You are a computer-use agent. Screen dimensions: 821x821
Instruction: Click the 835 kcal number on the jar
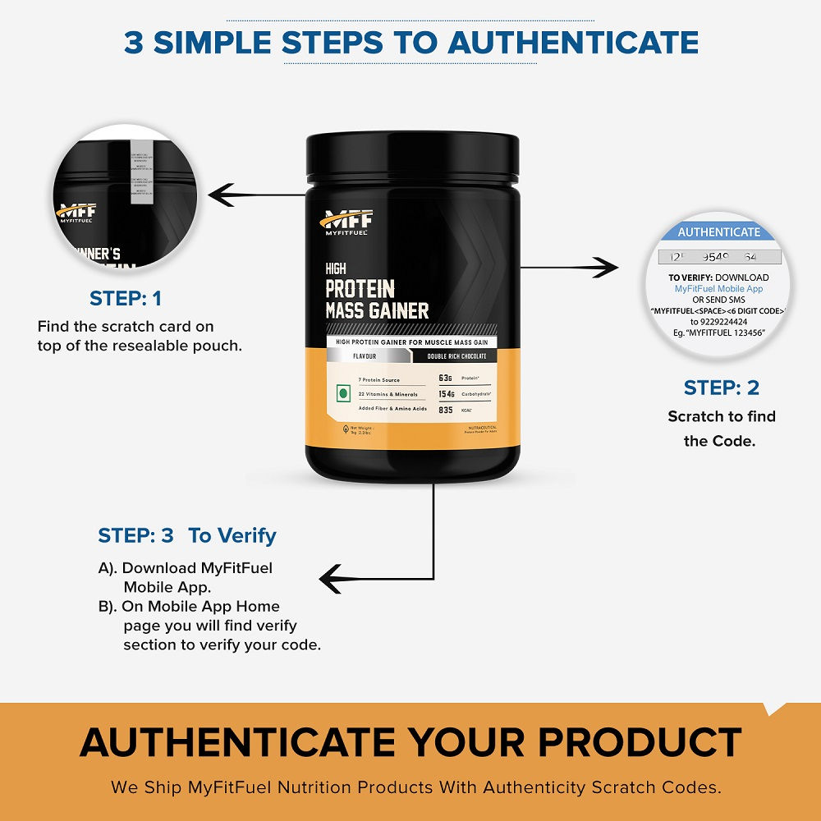446,409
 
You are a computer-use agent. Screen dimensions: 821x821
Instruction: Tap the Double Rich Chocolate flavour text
456,356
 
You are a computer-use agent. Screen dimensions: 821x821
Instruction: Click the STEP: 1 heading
126,298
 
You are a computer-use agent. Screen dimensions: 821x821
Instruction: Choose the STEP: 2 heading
722,388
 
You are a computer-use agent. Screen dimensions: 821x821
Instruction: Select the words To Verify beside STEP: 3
232,536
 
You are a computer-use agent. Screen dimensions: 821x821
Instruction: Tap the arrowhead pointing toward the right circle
607,267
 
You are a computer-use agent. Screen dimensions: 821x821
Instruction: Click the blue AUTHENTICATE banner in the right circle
719,232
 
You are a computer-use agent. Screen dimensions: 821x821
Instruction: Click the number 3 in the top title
134,42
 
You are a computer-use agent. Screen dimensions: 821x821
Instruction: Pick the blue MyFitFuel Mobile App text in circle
719,289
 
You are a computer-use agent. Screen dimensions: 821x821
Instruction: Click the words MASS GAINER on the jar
377,310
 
